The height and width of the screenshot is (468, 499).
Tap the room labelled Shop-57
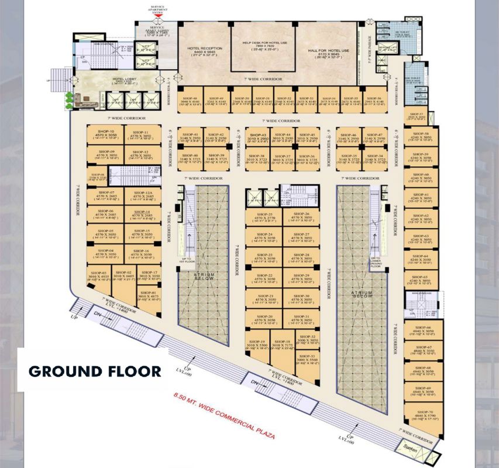click(x=416, y=116)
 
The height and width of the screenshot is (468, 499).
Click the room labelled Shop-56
click(x=375, y=101)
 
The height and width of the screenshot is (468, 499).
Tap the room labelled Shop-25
click(x=263, y=218)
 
